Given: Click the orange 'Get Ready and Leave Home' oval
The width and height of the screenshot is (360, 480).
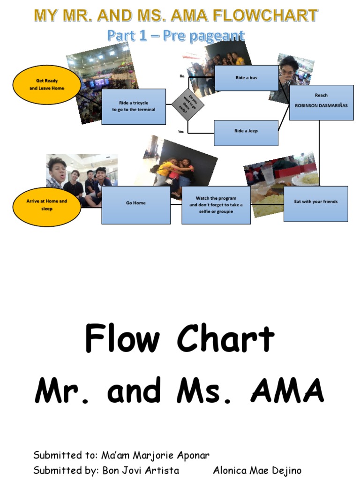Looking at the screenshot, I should click(x=47, y=85).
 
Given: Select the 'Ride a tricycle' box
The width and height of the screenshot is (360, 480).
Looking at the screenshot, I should click(x=134, y=106).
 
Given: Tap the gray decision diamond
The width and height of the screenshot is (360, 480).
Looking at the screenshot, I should click(x=187, y=104).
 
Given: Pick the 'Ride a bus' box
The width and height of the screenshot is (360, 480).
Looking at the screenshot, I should click(x=246, y=78).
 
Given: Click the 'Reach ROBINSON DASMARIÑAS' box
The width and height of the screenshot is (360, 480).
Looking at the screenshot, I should click(x=321, y=102).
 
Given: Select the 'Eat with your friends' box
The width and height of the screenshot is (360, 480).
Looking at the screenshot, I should click(x=315, y=203).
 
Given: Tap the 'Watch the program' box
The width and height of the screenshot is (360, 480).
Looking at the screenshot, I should click(x=216, y=205).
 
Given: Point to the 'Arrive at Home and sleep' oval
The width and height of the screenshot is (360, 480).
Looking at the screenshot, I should click(x=47, y=205).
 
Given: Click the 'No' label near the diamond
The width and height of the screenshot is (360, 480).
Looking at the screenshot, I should click(x=182, y=75).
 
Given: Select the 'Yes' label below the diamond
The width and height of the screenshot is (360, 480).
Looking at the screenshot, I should click(x=181, y=132).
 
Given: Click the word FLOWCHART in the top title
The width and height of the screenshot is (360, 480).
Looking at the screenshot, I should click(x=274, y=16).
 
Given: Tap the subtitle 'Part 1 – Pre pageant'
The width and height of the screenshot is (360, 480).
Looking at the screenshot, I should click(x=176, y=36).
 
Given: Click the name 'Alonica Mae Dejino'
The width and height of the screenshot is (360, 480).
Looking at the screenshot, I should click(x=257, y=470).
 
